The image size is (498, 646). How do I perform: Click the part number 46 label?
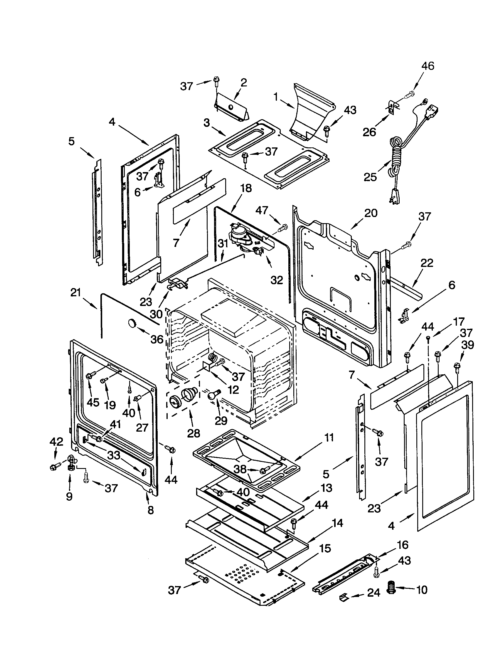click(x=428, y=66)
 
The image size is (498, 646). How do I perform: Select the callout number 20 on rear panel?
click(x=371, y=213)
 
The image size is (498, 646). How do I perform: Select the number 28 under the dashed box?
click(x=194, y=433)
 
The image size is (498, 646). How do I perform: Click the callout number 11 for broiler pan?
click(x=328, y=437)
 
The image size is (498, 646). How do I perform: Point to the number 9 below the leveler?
click(x=69, y=496)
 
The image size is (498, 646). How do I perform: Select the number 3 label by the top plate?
click(x=207, y=122)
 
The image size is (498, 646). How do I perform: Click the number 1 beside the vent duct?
click(x=276, y=97)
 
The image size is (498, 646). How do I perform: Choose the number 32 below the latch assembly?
click(x=277, y=280)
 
